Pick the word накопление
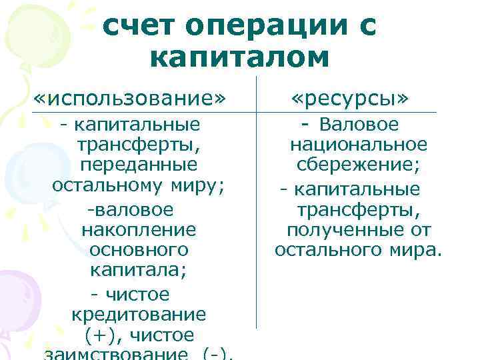[139, 231]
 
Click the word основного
[138, 251]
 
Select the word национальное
[359, 145]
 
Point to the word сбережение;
[359, 165]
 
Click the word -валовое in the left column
[129, 210]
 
